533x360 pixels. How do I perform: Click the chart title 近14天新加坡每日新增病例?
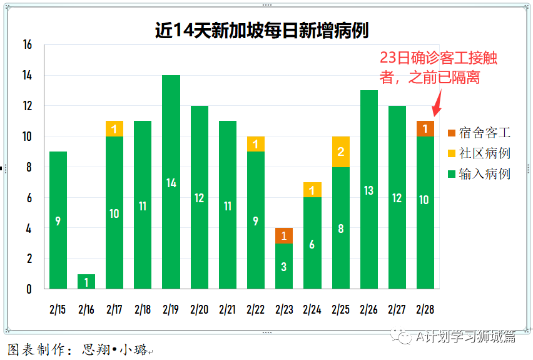[x=261, y=31]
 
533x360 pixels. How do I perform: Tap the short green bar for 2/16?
[x=86, y=281]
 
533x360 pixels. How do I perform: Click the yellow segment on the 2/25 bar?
[x=340, y=152]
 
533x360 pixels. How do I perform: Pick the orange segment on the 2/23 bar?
[x=284, y=236]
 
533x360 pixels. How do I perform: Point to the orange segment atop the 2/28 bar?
[x=425, y=128]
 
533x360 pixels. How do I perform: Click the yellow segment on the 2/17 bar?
[x=114, y=129]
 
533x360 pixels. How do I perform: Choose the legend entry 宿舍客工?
[x=479, y=133]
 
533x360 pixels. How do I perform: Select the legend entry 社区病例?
[x=479, y=153]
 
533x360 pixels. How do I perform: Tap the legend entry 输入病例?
[x=479, y=174]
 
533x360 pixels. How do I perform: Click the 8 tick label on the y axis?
[x=29, y=167]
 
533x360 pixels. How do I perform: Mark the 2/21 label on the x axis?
[x=228, y=309]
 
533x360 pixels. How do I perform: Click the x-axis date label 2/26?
[x=369, y=309]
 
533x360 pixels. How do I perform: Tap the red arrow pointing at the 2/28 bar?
[x=437, y=102]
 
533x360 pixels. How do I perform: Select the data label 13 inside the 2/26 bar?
[x=369, y=190]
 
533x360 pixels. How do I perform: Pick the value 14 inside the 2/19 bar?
[x=171, y=183]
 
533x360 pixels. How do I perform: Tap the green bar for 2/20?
[x=200, y=197]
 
